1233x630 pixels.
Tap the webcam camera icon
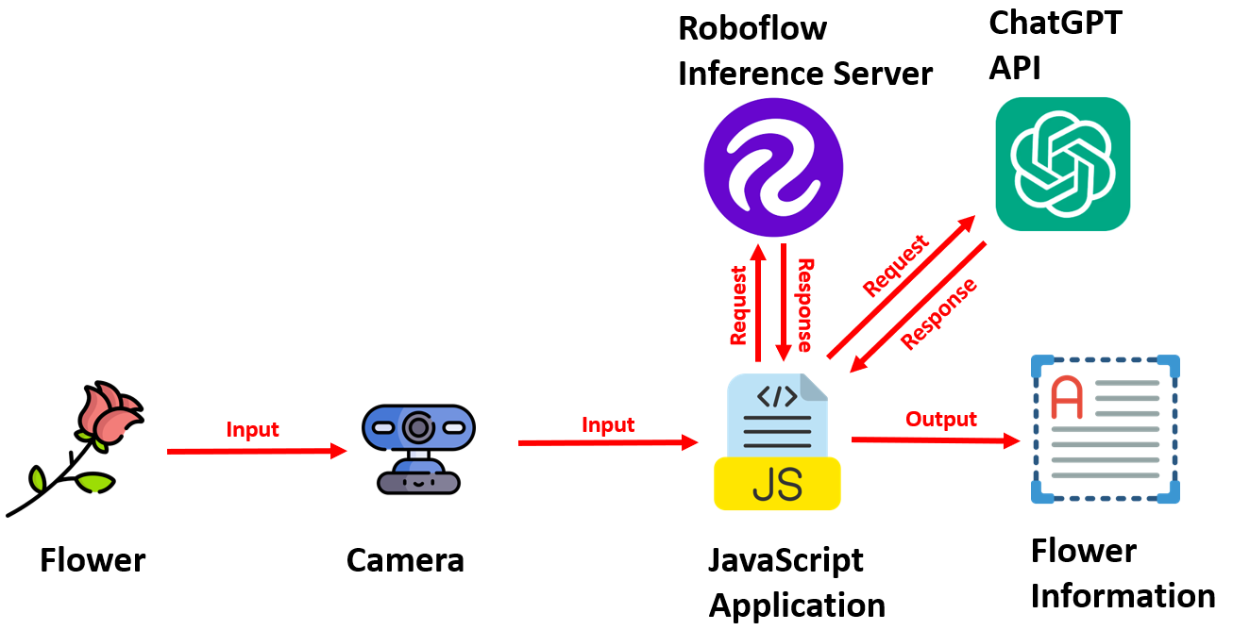click(418, 448)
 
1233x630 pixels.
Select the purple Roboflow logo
click(773, 170)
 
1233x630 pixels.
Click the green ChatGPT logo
click(1062, 164)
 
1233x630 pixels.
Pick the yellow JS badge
click(778, 483)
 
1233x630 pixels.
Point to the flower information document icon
click(1105, 428)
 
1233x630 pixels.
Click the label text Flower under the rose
click(93, 560)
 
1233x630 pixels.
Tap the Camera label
click(405, 560)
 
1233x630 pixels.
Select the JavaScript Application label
click(797, 582)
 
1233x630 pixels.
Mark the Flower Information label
click(1122, 573)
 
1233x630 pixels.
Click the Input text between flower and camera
click(252, 429)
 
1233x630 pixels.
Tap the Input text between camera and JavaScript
click(608, 424)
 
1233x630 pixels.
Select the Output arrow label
click(940, 418)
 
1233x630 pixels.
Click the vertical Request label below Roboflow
click(739, 304)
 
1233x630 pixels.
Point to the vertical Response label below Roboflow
click(804, 305)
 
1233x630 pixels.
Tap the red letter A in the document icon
click(1066, 397)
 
